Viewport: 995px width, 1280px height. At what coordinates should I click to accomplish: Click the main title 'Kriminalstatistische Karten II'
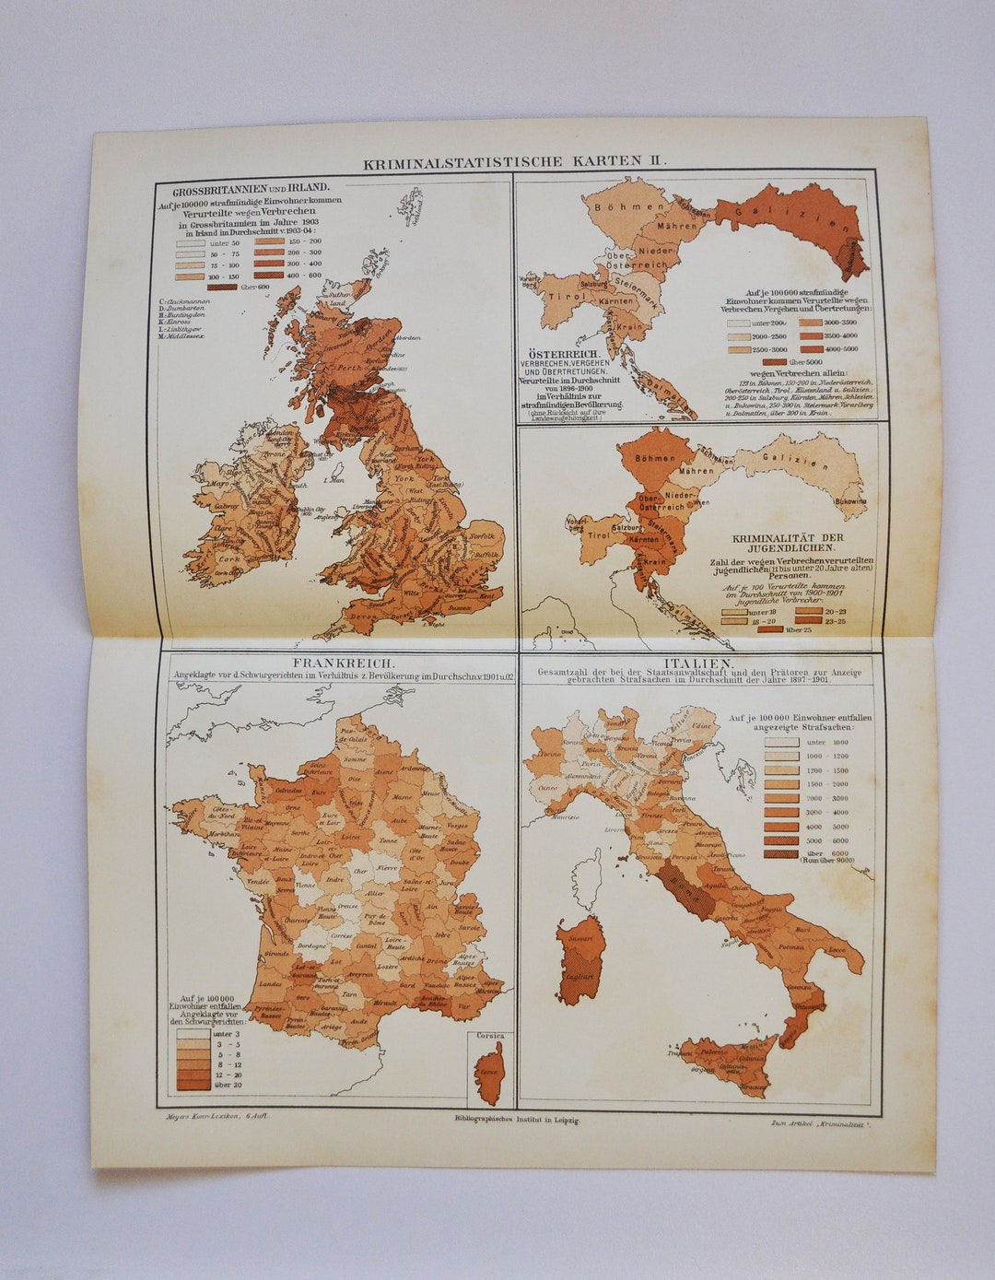coord(513,162)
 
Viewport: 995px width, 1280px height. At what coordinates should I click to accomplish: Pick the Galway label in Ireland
coord(225,505)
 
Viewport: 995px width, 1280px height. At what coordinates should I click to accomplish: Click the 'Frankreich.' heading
coord(343,663)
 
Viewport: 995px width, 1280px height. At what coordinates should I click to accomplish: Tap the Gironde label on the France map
coord(275,953)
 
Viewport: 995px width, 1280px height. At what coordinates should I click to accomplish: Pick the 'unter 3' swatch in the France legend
coord(193,1034)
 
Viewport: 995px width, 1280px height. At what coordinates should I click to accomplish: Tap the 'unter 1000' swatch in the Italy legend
coord(781,741)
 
